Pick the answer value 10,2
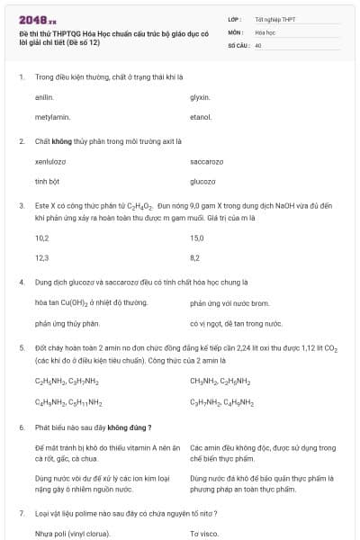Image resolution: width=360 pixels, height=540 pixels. [41, 238]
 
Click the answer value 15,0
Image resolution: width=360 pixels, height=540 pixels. [197, 238]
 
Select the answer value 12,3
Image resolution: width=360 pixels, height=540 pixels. [41, 258]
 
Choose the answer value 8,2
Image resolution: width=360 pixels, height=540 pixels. [195, 258]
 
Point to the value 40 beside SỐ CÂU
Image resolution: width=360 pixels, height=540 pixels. [258, 45]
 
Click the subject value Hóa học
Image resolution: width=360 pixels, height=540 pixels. [265, 31]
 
